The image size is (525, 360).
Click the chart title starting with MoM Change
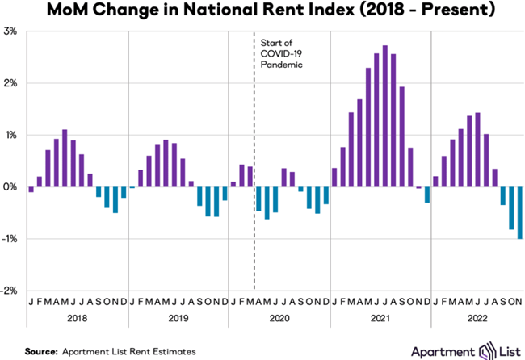(x=262, y=11)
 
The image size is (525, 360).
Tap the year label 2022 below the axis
(x=477, y=320)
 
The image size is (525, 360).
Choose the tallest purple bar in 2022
(x=478, y=150)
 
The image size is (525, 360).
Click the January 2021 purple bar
(x=334, y=178)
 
